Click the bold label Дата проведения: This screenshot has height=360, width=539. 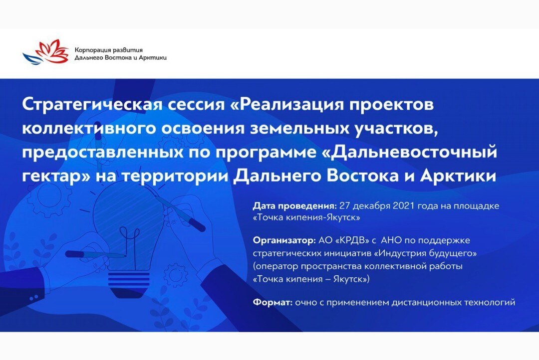(294, 205)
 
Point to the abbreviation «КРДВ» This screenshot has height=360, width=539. (350, 241)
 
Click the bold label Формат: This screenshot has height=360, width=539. (272, 302)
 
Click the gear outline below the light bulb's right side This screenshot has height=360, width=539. (176, 274)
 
